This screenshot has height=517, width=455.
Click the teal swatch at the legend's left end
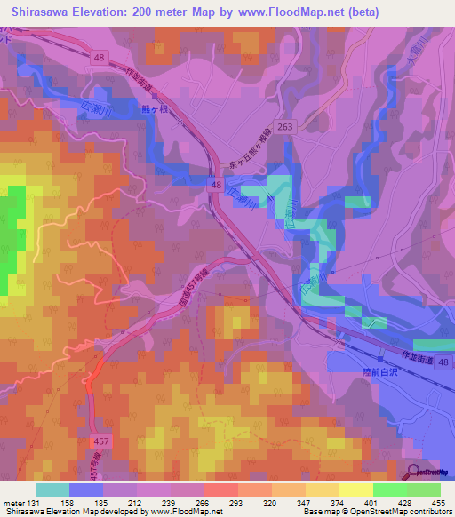52,489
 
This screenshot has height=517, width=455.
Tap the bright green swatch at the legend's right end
424,489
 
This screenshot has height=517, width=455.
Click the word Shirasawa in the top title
39,12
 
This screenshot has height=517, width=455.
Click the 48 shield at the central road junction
216,183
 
